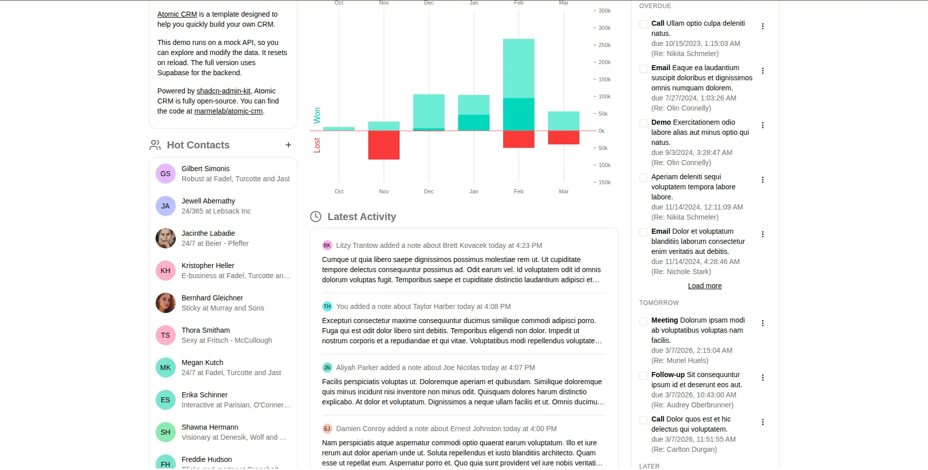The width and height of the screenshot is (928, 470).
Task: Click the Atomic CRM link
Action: click(x=177, y=14)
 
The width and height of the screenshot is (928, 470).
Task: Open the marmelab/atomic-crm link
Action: click(x=228, y=111)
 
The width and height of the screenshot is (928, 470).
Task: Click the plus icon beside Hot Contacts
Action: click(x=288, y=145)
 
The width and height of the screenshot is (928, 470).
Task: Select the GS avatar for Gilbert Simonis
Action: click(x=165, y=174)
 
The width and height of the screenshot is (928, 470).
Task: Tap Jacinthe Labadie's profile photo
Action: click(x=165, y=238)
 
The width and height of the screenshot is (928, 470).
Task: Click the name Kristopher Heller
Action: click(x=208, y=266)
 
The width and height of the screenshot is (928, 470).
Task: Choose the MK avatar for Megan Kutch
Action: click(x=165, y=368)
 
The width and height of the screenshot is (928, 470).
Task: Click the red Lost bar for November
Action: click(x=383, y=145)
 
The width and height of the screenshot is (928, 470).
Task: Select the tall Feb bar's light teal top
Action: click(x=518, y=68)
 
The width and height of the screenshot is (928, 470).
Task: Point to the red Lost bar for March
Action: click(x=563, y=137)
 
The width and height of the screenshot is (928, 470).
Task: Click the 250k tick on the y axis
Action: click(x=604, y=45)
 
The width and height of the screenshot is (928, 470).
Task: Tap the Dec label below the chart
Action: click(x=428, y=191)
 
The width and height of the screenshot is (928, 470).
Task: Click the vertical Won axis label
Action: click(x=317, y=115)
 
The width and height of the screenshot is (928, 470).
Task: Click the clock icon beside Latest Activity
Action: click(x=316, y=217)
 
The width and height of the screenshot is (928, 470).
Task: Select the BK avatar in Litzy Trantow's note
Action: click(x=327, y=245)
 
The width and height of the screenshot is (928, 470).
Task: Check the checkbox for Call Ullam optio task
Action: click(x=644, y=24)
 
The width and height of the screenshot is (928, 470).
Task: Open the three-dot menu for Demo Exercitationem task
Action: click(x=763, y=125)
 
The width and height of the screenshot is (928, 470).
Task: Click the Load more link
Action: click(x=705, y=286)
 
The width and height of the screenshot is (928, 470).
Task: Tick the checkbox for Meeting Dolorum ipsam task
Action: click(x=644, y=321)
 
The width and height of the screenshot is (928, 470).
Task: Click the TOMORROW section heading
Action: click(x=659, y=303)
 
